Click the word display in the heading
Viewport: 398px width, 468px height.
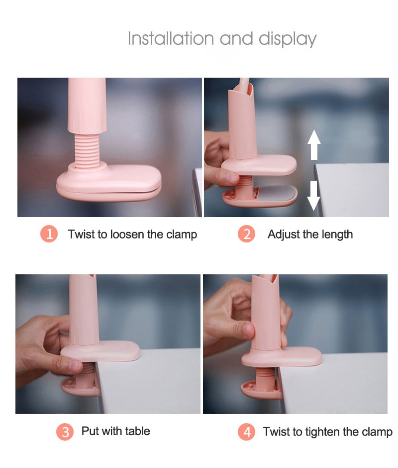click(x=287, y=39)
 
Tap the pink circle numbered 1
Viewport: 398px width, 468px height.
click(x=49, y=234)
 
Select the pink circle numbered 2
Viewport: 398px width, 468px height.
click(x=246, y=234)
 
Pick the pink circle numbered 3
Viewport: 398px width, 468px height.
click(x=65, y=432)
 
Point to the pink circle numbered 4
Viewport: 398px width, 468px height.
click(x=246, y=432)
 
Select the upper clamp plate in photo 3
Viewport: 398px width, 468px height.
click(x=102, y=351)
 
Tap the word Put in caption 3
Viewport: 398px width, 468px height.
click(x=90, y=431)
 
